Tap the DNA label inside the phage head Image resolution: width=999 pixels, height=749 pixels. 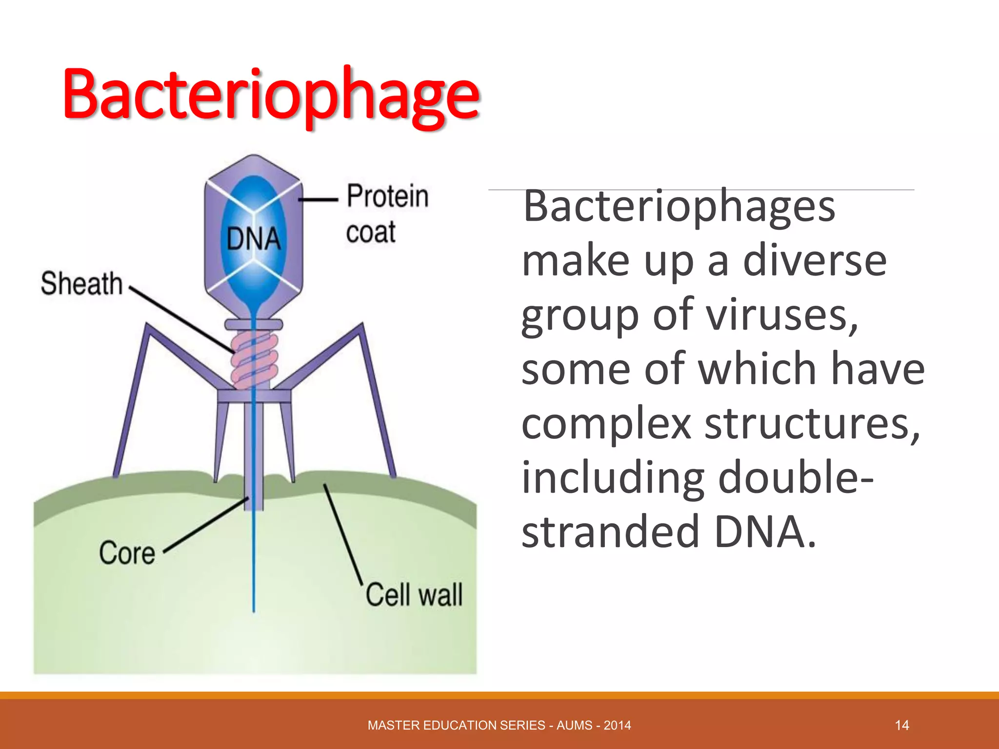pos(254,239)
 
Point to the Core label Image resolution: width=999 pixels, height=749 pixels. pos(127,553)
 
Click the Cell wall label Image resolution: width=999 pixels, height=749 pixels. pos(414,595)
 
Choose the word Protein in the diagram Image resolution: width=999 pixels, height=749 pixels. pos(388,196)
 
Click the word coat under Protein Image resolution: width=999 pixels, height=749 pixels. pos(371,232)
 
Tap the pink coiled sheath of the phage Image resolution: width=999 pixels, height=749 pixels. pos(254,361)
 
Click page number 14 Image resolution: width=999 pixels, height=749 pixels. pos(902,725)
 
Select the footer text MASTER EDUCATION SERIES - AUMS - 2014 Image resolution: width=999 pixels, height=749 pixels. pos(499,725)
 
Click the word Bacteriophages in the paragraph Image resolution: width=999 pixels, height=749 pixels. pos(679,206)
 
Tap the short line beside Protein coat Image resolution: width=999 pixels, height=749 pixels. pos(318,199)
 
